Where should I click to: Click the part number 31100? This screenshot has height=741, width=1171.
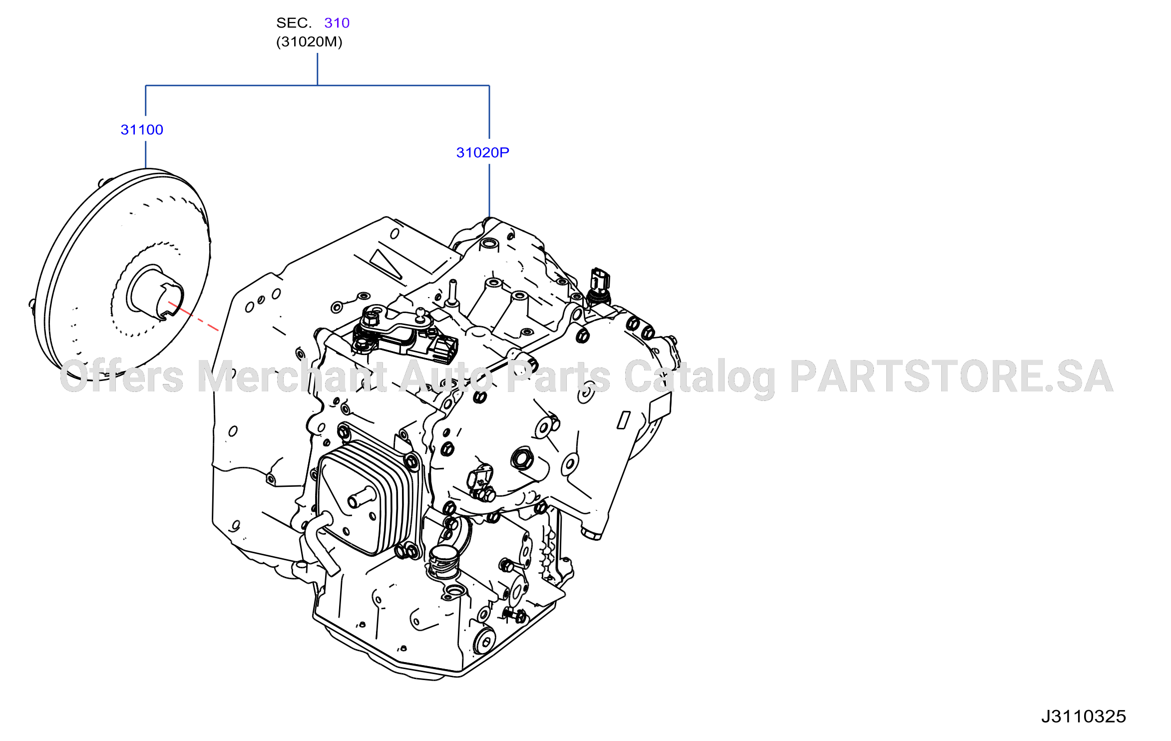tap(142, 130)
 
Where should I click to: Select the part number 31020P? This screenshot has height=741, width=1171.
tap(482, 153)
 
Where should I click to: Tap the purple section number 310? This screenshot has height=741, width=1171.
tap(337, 23)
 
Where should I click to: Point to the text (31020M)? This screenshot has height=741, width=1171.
tap(309, 42)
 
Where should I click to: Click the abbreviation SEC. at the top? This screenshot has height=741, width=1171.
tap(294, 23)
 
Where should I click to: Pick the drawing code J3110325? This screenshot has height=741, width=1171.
tap(1084, 717)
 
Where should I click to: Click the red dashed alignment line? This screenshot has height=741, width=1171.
tap(194, 317)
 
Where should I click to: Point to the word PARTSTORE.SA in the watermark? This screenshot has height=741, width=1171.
tap(951, 376)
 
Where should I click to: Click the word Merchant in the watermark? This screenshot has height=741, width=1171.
tap(292, 376)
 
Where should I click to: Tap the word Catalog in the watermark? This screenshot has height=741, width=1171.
tap(699, 378)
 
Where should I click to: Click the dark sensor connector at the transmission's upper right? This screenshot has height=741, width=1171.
tap(599, 285)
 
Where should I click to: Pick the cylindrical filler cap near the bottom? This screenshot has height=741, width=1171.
tap(443, 561)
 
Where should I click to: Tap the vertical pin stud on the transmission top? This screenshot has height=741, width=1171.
tap(453, 293)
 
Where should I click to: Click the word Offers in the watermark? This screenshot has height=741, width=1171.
tap(122, 376)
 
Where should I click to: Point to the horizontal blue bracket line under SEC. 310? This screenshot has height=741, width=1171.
tap(317, 85)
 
